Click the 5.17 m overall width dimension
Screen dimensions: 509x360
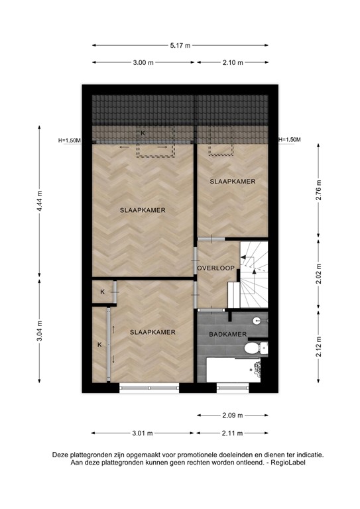pos(180,45)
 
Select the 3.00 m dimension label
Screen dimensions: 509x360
pos(143,62)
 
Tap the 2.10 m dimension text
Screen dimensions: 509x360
pos(233,62)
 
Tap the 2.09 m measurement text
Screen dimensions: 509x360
pos(232,416)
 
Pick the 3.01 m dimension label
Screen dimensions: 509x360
pos(143,433)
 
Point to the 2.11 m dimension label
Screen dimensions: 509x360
pos(233,433)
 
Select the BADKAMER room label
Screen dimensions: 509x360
pos(229,335)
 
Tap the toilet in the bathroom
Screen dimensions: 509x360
pos(253,347)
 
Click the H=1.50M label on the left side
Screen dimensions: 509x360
pos(69,140)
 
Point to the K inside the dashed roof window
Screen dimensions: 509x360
pos(142,133)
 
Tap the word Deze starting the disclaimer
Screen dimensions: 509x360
pos(63,455)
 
